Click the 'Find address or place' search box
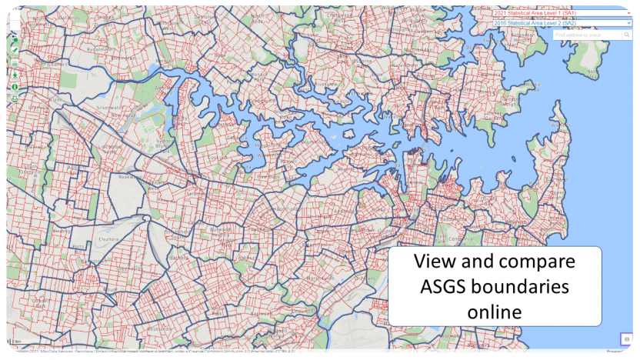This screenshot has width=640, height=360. (588, 35)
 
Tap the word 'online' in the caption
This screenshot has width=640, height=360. (495, 312)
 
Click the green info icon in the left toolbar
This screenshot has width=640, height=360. (15, 87)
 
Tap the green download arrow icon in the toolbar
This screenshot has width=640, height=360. (15, 75)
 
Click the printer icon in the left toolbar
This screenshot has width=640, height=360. (15, 98)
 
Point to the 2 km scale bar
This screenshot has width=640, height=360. (17, 342)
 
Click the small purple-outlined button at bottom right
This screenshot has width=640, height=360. (627, 338)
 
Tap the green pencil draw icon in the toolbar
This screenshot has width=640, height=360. (15, 51)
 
